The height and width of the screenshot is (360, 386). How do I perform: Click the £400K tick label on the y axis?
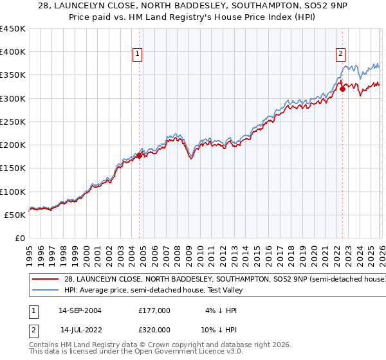point(13,52)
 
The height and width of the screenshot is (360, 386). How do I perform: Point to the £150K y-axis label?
point(13,168)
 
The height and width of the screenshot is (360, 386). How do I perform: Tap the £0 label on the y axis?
point(19,238)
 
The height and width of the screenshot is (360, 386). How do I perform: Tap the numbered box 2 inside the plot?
point(340,55)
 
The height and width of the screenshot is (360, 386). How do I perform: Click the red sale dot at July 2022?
point(342,89)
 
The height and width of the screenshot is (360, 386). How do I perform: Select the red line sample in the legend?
point(45,279)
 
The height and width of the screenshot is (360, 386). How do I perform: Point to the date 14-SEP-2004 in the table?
point(80,310)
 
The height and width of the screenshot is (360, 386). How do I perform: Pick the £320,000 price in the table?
point(154,329)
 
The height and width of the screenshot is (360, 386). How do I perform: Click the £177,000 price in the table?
point(154,310)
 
